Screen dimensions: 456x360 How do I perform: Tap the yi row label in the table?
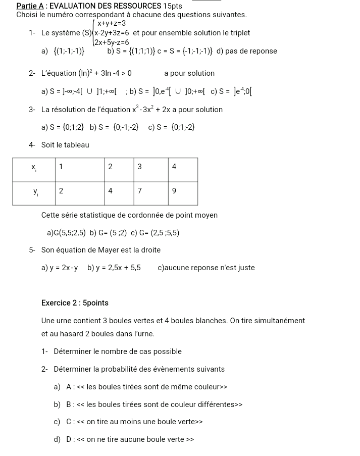tap(35, 191)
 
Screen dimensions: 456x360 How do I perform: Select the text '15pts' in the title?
tap(173, 6)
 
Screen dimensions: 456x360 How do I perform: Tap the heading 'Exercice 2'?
tap(60, 303)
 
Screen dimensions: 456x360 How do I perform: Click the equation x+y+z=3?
tap(112, 24)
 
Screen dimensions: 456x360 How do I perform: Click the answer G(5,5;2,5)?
tap(65, 233)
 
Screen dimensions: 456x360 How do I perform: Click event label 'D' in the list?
tap(69, 439)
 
